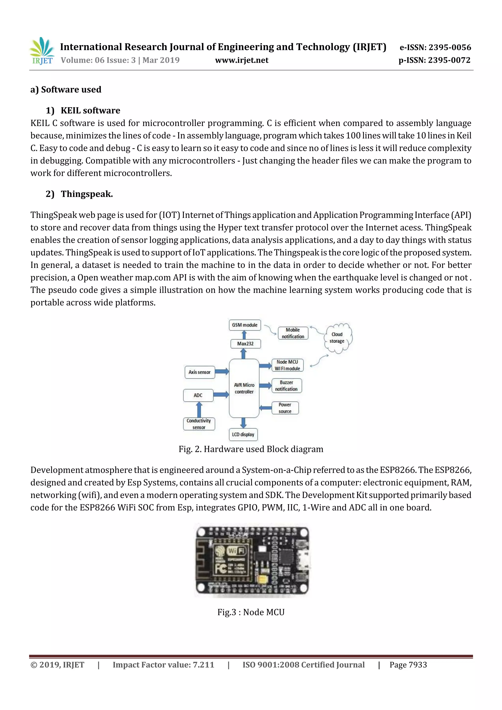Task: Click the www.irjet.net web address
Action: (242, 60)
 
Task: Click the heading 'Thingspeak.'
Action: (87, 194)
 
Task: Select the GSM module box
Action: (245, 325)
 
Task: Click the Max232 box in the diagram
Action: (245, 344)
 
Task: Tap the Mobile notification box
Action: (293, 333)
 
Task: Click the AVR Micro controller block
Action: (244, 388)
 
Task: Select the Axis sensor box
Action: (200, 372)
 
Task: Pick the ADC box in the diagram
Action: (198, 395)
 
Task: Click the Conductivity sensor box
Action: (199, 424)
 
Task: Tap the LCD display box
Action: (243, 434)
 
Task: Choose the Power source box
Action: (285, 408)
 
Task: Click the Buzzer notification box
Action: (286, 386)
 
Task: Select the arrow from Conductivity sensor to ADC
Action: (199, 410)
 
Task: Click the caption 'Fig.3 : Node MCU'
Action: (251, 612)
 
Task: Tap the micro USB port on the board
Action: (303, 560)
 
